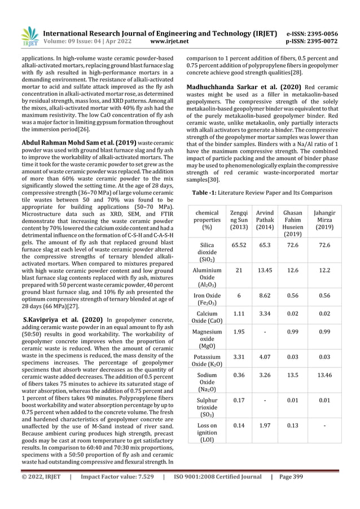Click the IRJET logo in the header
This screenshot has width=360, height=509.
[29, 36]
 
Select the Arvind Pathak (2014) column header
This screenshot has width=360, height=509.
[265, 220]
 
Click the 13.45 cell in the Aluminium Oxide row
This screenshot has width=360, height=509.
[265, 270]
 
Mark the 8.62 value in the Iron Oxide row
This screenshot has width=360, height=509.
[265, 296]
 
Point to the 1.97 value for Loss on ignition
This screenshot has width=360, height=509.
[265, 427]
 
